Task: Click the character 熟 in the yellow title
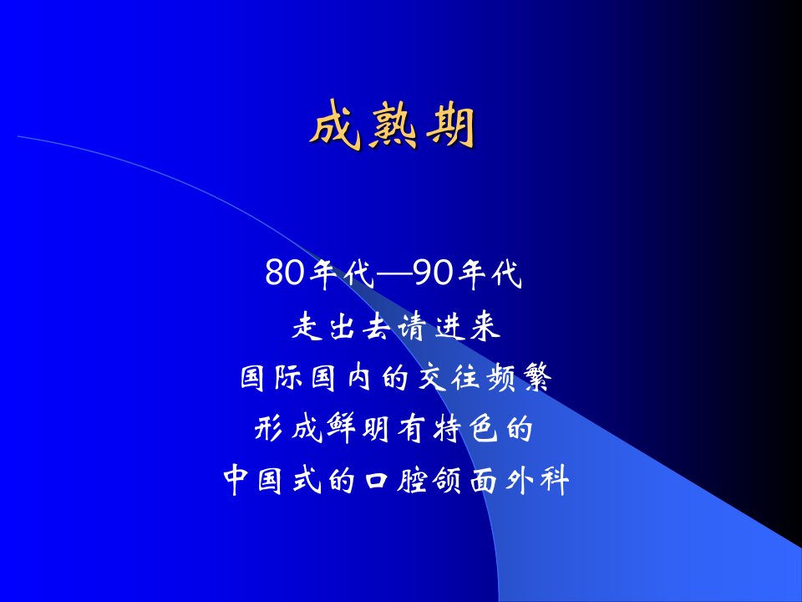coord(392,125)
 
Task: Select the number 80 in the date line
coord(285,273)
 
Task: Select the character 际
coord(290,378)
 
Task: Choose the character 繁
coord(537,378)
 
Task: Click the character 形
coord(271,429)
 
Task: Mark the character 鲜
coord(341,429)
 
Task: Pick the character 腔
coord(412,480)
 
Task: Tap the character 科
coord(553,480)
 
